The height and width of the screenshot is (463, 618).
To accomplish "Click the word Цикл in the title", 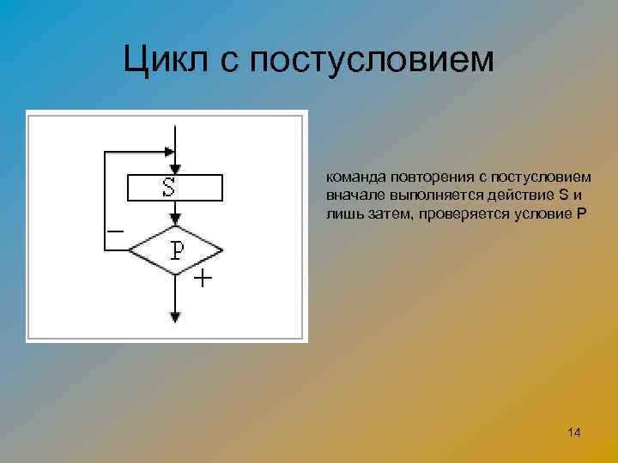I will (164, 59).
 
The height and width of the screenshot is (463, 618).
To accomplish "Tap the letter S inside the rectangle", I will (169, 186).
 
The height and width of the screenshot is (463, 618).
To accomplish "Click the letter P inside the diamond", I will (177, 250).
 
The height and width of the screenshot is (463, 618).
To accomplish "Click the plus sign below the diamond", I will (202, 280).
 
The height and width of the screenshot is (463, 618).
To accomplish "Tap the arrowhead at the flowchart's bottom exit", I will (175, 316).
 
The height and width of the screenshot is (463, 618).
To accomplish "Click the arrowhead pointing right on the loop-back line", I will (168, 153).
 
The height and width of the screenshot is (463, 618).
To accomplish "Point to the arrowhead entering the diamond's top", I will (175, 220).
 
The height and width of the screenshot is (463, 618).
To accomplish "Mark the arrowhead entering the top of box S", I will (175, 169).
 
